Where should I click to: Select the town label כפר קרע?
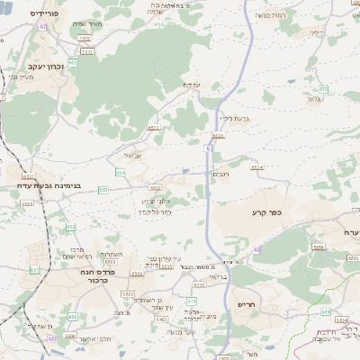click(x=266, y=212)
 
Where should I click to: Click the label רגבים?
click(x=221, y=174)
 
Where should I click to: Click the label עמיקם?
click(x=190, y=85)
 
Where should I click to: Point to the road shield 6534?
click(x=256, y=167)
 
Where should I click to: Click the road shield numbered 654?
click(x=120, y=171)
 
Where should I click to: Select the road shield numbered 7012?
click(x=84, y=39)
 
